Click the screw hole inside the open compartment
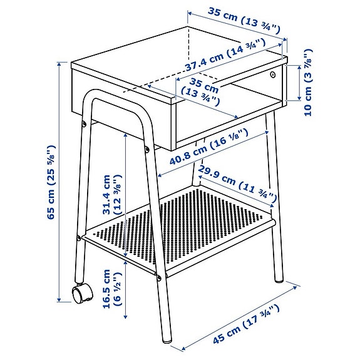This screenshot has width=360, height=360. click(274, 76)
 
